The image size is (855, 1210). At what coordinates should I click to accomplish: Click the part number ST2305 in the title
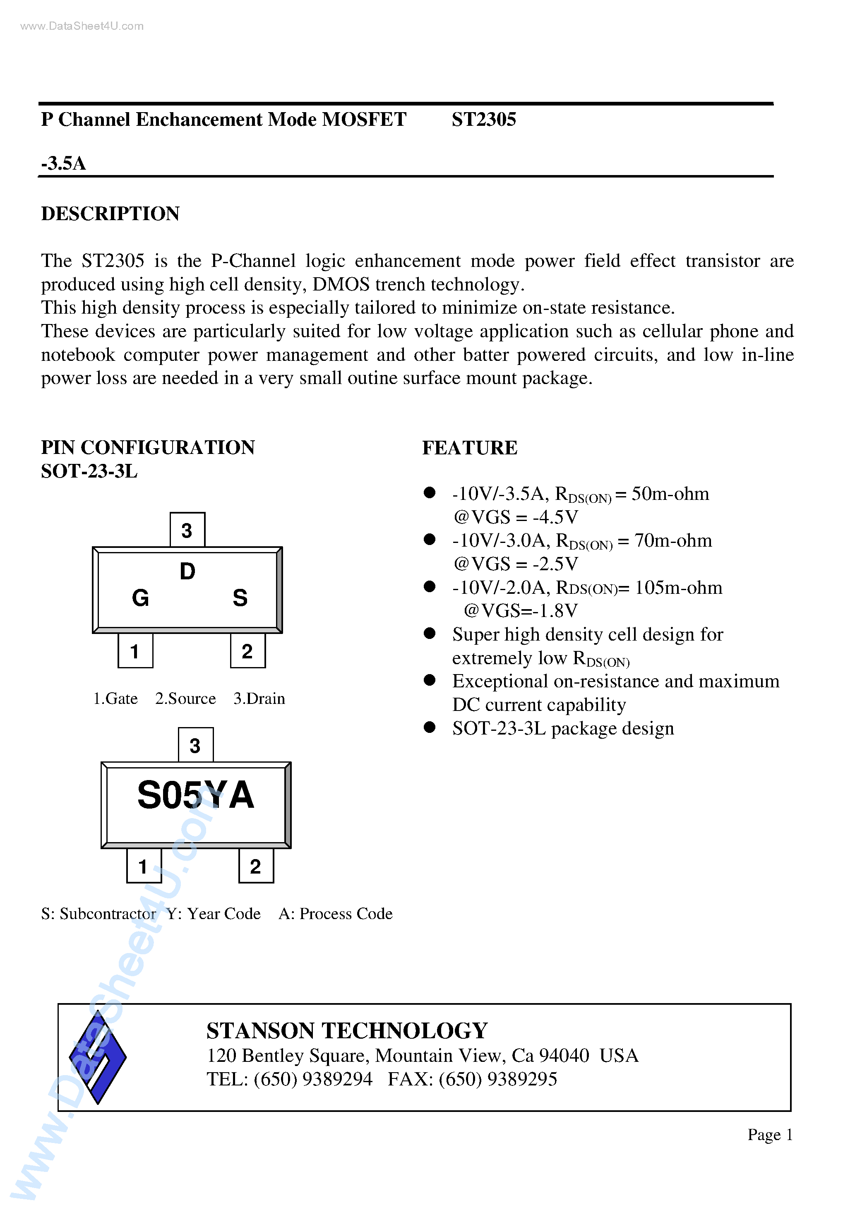tap(483, 120)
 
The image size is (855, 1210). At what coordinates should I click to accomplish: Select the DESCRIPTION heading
tap(110, 214)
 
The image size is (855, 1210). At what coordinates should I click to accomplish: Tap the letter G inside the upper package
tap(140, 598)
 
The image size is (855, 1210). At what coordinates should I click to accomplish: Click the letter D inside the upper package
tap(187, 571)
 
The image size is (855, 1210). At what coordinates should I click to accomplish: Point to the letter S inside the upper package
tap(240, 598)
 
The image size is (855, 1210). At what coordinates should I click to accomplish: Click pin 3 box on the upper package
tap(187, 530)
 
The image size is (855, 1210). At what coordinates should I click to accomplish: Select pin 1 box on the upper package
tap(135, 651)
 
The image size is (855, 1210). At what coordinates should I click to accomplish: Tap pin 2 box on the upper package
tap(247, 651)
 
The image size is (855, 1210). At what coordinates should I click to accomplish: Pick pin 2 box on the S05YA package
tap(256, 866)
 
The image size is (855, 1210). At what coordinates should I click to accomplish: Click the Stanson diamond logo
tap(98, 1056)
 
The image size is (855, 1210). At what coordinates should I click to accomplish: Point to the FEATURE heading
tap(469, 448)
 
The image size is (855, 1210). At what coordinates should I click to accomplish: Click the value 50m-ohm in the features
tap(670, 494)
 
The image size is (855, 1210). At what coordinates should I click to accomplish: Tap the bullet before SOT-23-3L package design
tap(430, 727)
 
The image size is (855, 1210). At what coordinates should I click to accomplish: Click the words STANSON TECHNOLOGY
tap(347, 1031)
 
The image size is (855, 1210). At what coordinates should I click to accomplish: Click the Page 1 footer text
tap(770, 1135)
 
